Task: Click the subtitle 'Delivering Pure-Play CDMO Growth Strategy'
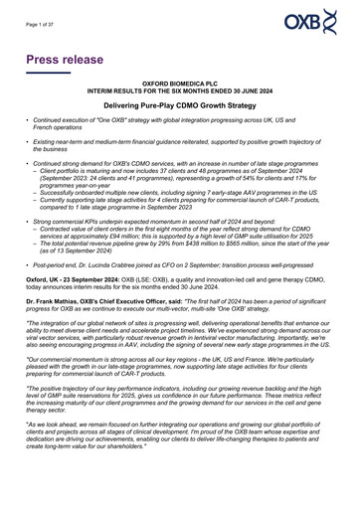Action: [x=180, y=103]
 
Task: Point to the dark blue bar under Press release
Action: [x=48, y=73]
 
